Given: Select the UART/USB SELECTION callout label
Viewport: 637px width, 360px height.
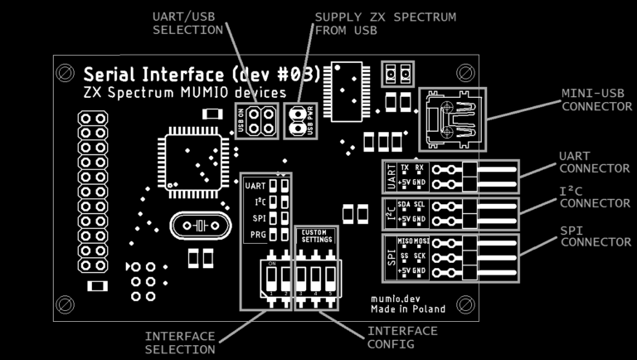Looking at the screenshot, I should pyautogui.click(x=188, y=23).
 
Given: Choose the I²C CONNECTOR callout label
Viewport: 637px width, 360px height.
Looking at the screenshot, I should pyautogui.click(x=596, y=197).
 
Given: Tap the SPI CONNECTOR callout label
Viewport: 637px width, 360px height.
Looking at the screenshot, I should pyautogui.click(x=596, y=235).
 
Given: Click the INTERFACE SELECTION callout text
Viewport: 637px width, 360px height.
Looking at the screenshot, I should pyautogui.click(x=180, y=343).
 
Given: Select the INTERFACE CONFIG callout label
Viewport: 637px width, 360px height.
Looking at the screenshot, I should pyautogui.click(x=402, y=337).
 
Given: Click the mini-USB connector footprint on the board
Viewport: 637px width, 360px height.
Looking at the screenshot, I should pyautogui.click(x=452, y=119).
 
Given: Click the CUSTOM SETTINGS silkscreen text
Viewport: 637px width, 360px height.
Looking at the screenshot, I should pyautogui.click(x=317, y=236).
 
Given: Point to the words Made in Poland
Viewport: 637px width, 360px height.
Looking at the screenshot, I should pyautogui.click(x=408, y=309).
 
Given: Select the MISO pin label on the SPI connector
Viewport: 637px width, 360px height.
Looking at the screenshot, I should pyautogui.click(x=406, y=241).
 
